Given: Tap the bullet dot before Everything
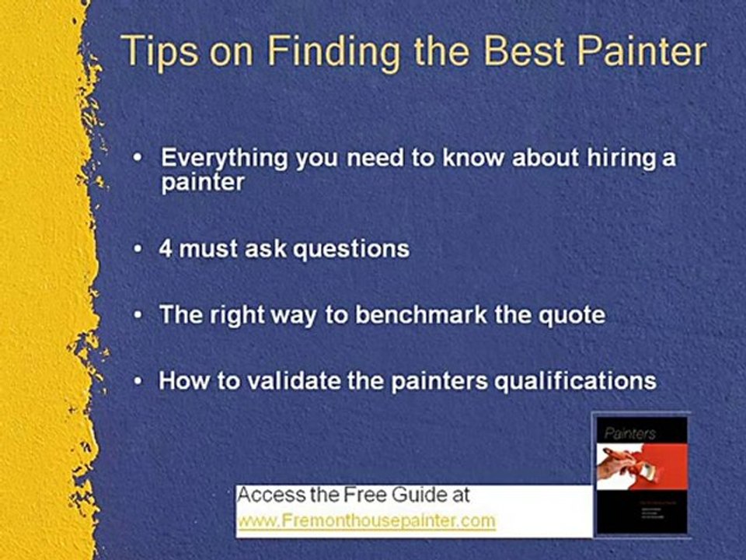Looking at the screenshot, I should tap(138, 158).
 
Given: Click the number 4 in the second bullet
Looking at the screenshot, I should tap(166, 249).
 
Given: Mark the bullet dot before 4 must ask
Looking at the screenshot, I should tap(138, 249).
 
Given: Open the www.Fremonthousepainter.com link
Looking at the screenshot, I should tap(367, 520).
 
